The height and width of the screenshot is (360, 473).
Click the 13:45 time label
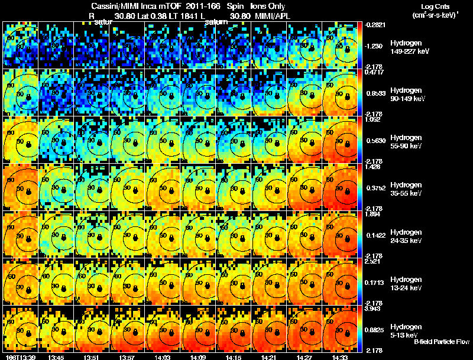click(x=56, y=357)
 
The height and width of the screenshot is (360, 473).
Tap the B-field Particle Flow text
click(x=441, y=342)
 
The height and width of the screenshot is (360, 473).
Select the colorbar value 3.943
click(x=372, y=309)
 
